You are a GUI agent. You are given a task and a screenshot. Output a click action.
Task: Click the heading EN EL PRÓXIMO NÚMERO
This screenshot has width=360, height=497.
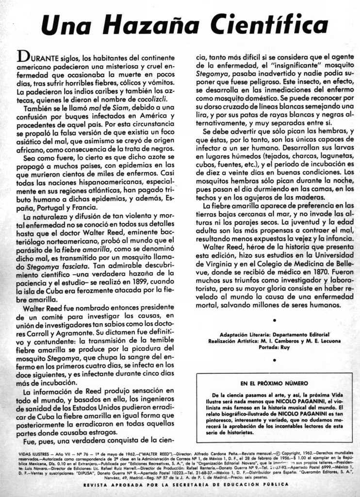point(274,383)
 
